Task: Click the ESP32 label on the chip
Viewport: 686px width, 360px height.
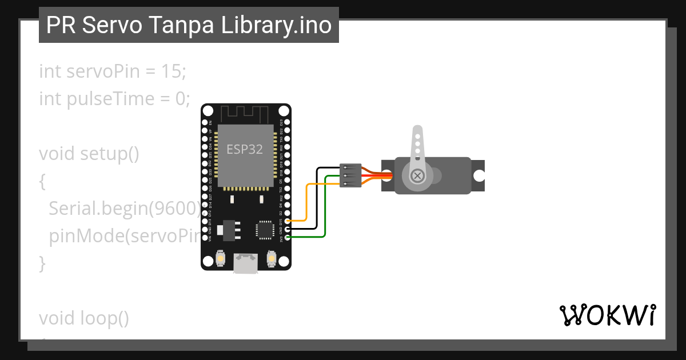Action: pyautogui.click(x=245, y=150)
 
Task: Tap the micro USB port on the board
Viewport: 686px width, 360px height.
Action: pyautogui.click(x=246, y=263)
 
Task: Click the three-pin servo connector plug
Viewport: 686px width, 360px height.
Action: pyautogui.click(x=350, y=175)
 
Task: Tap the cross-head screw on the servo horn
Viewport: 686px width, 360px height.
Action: pyautogui.click(x=418, y=175)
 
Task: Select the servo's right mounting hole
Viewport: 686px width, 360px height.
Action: pyautogui.click(x=477, y=175)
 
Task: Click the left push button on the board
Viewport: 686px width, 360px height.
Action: pyautogui.click(x=220, y=259)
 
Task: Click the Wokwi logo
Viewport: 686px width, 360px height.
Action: pyautogui.click(x=607, y=315)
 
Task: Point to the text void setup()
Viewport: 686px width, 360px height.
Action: pyautogui.click(x=89, y=154)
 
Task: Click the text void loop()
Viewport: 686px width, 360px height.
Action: pyautogui.click(x=84, y=318)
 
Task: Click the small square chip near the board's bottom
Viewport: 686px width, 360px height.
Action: pyautogui.click(x=265, y=229)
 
